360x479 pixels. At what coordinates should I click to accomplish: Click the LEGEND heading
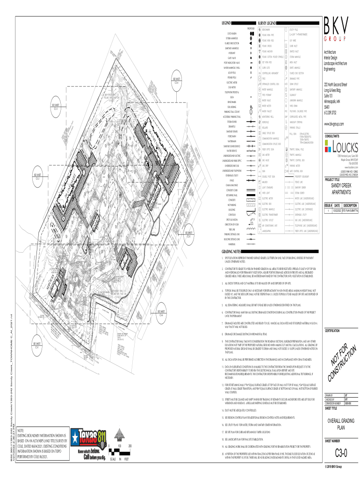pyautogui.click(x=227, y=23)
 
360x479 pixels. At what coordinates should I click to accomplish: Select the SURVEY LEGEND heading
pyautogui.click(x=267, y=23)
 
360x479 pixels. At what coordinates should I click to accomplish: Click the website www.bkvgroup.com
pyautogui.click(x=337, y=124)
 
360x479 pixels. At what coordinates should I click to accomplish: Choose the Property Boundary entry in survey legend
pyautogui.click(x=304, y=176)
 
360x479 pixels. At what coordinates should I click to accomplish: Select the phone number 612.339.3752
pyautogui.click(x=333, y=112)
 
